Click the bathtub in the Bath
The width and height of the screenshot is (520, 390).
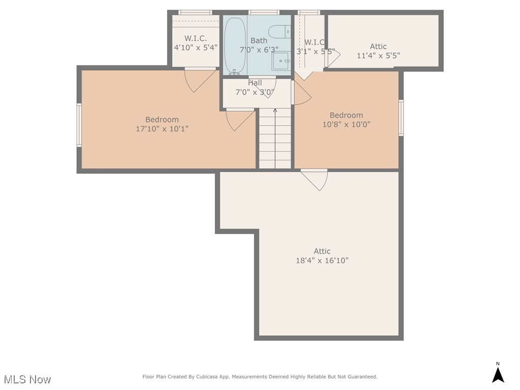pyautogui.click(x=235, y=46)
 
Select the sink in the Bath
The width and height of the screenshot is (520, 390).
pyautogui.click(x=281, y=61)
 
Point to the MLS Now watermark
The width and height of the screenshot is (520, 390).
pyautogui.click(x=27, y=379)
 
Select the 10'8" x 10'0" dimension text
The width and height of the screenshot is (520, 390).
pyautogui.click(x=346, y=124)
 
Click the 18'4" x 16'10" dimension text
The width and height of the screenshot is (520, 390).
pyautogui.click(x=322, y=261)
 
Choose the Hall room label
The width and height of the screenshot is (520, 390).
pyautogui.click(x=255, y=83)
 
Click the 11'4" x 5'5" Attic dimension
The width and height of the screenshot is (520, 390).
pyautogui.click(x=378, y=56)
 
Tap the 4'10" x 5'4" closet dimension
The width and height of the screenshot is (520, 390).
pyautogui.click(x=196, y=47)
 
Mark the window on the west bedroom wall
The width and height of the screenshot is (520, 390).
pyautogui.click(x=79, y=125)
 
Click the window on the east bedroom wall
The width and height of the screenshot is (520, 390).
pyautogui.click(x=401, y=118)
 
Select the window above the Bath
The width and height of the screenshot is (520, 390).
pyautogui.click(x=264, y=12)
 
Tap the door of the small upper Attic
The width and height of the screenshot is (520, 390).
pyautogui.click(x=333, y=58)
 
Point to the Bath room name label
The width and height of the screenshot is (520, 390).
pyautogui.click(x=258, y=41)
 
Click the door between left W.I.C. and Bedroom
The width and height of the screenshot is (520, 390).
pyautogui.click(x=200, y=79)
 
